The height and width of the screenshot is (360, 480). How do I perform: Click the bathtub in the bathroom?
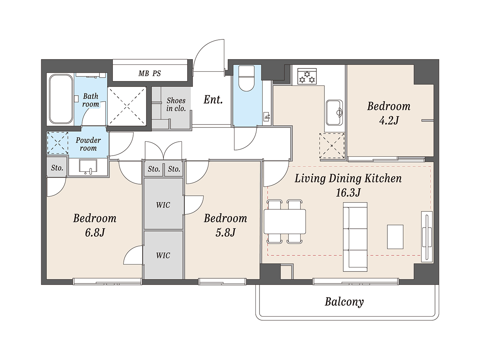(x=61, y=99)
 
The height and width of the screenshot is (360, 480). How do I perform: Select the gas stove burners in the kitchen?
(x=307, y=76)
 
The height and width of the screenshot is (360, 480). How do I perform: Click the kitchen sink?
(x=334, y=113)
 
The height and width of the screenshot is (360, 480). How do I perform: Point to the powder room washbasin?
(x=88, y=167)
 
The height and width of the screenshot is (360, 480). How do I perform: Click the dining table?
(x=285, y=221)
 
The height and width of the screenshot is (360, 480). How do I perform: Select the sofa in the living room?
(x=355, y=237)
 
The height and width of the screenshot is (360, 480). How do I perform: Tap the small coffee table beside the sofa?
(x=395, y=237)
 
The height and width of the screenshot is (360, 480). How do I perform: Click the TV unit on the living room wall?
(x=427, y=237)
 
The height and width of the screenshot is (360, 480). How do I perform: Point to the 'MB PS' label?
(x=150, y=73)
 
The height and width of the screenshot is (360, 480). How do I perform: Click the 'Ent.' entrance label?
(x=213, y=100)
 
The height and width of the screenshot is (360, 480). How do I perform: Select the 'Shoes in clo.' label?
(x=176, y=105)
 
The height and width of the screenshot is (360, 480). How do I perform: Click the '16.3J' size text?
(x=348, y=193)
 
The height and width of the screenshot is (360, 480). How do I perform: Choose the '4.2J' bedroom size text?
(x=389, y=120)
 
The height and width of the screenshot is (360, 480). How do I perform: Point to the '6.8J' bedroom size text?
(x=95, y=232)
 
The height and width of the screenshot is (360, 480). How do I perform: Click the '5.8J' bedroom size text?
(x=225, y=232)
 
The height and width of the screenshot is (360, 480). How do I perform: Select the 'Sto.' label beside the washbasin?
(x=57, y=168)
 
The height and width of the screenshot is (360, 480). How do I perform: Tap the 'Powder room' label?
(x=88, y=144)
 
